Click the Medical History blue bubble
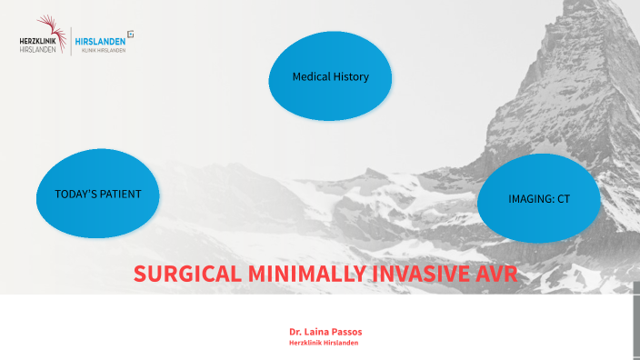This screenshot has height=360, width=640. [x=330, y=77]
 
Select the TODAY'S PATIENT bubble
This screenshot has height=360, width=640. [x=97, y=194]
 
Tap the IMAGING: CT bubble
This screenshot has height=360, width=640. [x=539, y=198]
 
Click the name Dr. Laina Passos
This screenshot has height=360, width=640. [x=325, y=331]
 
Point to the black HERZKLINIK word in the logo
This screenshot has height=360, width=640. [x=37, y=41]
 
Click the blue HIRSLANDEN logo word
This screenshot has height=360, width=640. [x=101, y=41]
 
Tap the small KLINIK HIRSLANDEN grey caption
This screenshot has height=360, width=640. [x=103, y=50]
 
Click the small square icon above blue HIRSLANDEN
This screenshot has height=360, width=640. [x=131, y=34]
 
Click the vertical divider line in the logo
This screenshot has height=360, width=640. [x=71, y=41]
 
